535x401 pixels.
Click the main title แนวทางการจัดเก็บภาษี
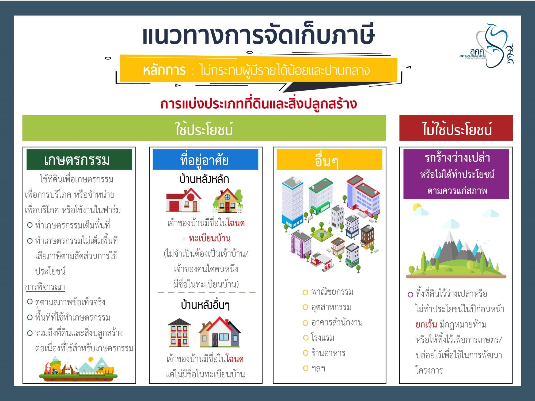pyautogui.click(x=258, y=35)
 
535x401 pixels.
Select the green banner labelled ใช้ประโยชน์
pyautogui.click(x=204, y=128)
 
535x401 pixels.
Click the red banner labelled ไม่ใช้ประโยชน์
pyautogui.click(x=456, y=128)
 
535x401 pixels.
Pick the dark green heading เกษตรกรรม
pyautogui.click(x=79, y=159)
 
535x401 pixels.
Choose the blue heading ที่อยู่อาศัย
pyautogui.click(x=205, y=159)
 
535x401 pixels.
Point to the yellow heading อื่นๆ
pyautogui.click(x=329, y=159)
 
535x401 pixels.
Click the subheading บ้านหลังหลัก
pyautogui.click(x=204, y=179)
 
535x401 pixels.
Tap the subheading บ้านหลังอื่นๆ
pyautogui.click(x=205, y=305)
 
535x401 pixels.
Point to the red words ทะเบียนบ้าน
pyautogui.click(x=210, y=238)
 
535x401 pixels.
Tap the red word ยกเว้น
pyautogui.click(x=426, y=324)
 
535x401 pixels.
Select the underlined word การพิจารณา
pyautogui.click(x=45, y=287)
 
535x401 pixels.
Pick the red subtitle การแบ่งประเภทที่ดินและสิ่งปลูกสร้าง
pyautogui.click(x=259, y=104)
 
